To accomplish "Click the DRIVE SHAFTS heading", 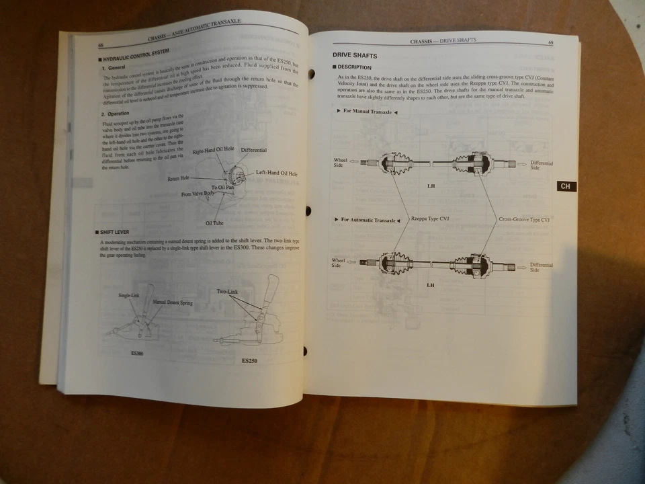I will coord(355,55).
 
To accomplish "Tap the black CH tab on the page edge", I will coord(566,186).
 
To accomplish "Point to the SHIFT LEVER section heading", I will coord(115,233).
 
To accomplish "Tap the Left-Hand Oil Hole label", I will coord(276,173).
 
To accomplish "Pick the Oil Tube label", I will coord(214,223).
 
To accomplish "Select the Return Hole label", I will coord(178,178).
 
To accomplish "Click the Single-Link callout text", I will coord(129,295).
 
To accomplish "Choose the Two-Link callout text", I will coord(227,291).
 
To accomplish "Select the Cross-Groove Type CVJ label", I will coord(525,219).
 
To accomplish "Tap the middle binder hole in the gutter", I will coord(308,211).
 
